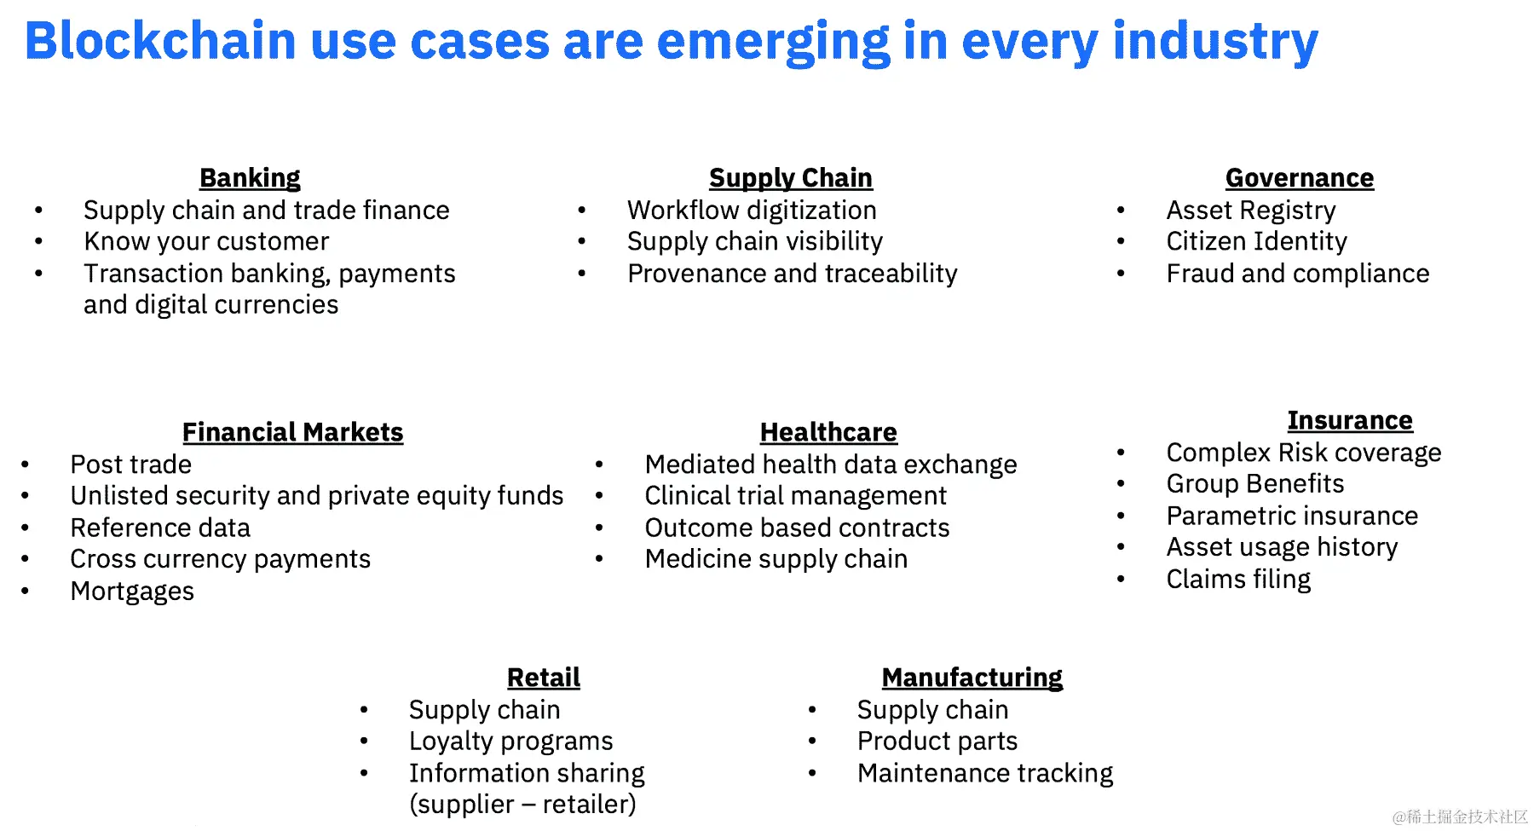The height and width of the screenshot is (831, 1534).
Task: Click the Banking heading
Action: click(x=250, y=178)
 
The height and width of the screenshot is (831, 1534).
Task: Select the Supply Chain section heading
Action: click(x=791, y=178)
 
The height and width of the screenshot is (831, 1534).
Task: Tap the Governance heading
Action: click(x=1300, y=178)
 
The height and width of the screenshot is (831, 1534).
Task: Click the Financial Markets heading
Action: click(x=293, y=432)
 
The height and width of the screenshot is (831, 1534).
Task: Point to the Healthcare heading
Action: click(x=828, y=432)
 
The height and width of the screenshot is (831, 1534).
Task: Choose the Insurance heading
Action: click(x=1350, y=420)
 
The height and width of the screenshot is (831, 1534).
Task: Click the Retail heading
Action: click(x=544, y=678)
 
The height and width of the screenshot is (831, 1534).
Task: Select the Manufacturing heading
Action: click(x=972, y=678)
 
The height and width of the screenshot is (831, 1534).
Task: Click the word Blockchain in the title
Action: click(x=160, y=40)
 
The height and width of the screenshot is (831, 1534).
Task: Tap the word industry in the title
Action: click(x=1216, y=42)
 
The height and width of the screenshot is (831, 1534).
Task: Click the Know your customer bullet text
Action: click(x=206, y=242)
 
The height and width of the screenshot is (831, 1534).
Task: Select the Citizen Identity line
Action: click(x=1257, y=242)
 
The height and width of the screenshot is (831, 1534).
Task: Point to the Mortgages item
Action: click(x=132, y=592)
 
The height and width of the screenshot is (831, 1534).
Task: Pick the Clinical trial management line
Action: click(x=796, y=496)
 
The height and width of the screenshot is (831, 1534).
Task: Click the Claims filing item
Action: click(x=1238, y=580)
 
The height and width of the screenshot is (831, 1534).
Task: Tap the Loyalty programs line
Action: click(x=511, y=742)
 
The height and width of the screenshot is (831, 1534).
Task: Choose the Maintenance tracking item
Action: click(x=985, y=773)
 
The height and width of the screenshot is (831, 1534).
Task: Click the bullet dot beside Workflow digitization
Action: click(x=582, y=211)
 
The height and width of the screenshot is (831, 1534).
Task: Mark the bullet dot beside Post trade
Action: click(x=26, y=465)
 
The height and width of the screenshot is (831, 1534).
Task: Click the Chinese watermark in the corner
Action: click(x=1460, y=817)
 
